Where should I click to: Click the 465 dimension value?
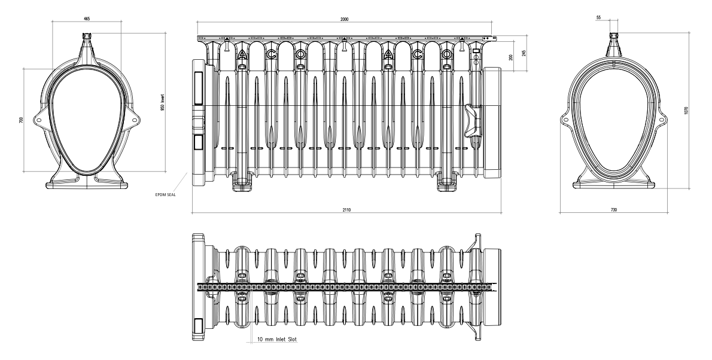pyautogui.click(x=87, y=19)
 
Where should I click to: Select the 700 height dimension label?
pyautogui.click(x=21, y=120)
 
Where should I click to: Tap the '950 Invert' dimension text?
pyautogui.click(x=162, y=102)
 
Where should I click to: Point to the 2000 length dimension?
pyautogui.click(x=344, y=19)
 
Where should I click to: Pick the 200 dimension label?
pyautogui.click(x=511, y=57)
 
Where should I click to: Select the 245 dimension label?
pyautogui.click(x=524, y=53)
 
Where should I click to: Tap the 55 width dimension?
pyautogui.click(x=598, y=17)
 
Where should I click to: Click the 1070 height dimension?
pyautogui.click(x=686, y=110)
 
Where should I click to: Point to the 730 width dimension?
pyautogui.click(x=614, y=210)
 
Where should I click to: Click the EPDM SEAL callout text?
pyautogui.click(x=165, y=195)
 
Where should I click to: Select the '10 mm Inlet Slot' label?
pyautogui.click(x=277, y=339)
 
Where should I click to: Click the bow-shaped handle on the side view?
pyautogui.click(x=472, y=120)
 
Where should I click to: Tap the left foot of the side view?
pyautogui.click(x=242, y=182)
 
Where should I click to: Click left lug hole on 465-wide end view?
pyautogui.click(x=39, y=120)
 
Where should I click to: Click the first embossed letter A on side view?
pyautogui.click(x=242, y=54)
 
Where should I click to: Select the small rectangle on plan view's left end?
pyautogui.click(x=198, y=325)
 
